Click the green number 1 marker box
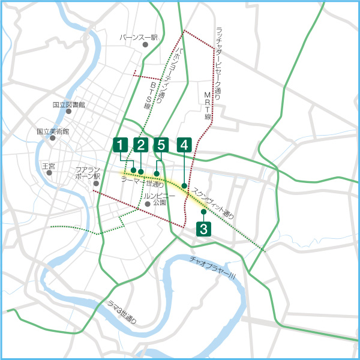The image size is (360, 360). [121, 145]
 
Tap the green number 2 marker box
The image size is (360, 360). [141, 145]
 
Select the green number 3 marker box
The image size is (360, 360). [203, 229]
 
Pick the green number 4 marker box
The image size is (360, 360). [184, 145]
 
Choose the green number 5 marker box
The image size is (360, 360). [160, 145]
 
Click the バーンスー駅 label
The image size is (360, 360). [138, 37]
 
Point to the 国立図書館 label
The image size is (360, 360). [69, 104]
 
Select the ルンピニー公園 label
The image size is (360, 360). [160, 200]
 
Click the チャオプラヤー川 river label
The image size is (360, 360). [212, 268]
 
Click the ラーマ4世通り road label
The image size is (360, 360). [143, 180]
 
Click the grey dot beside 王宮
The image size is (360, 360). [49, 173]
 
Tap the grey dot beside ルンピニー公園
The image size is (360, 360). [147, 204]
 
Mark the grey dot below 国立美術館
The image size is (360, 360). [53, 138]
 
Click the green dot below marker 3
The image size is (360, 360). [203, 212]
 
